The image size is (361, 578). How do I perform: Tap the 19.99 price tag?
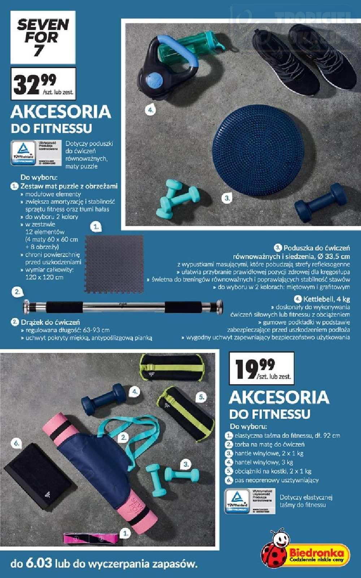pyautogui.click(x=263, y=369)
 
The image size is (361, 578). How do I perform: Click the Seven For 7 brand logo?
pyautogui.click(x=43, y=37)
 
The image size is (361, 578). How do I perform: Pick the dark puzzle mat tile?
pyautogui.click(x=114, y=264)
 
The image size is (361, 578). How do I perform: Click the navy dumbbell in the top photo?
pyautogui.click(x=320, y=202)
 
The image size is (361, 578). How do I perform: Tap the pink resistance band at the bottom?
pyautogui.click(x=91, y=538)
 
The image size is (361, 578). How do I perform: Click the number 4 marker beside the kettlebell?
pyautogui.click(x=150, y=110)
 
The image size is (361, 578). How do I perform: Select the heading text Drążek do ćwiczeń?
pyautogui.click(x=50, y=322)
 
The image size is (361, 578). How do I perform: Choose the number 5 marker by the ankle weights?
pyautogui.click(x=201, y=397)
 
